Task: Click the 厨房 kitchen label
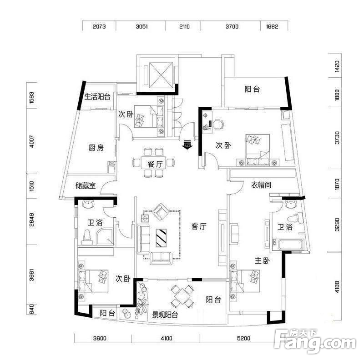96,148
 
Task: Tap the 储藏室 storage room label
86,185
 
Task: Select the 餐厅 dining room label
155,164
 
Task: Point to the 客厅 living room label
199,226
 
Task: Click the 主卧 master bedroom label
262,260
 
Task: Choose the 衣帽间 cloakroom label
261,185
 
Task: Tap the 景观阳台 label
165,315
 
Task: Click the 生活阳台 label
97,96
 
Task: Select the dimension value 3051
142,26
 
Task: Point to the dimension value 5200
244,339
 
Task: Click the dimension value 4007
32,141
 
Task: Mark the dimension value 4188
337,287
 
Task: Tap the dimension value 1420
337,66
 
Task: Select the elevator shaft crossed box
161,75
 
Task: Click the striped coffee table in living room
162,238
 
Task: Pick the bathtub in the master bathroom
290,245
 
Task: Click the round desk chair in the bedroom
218,125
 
